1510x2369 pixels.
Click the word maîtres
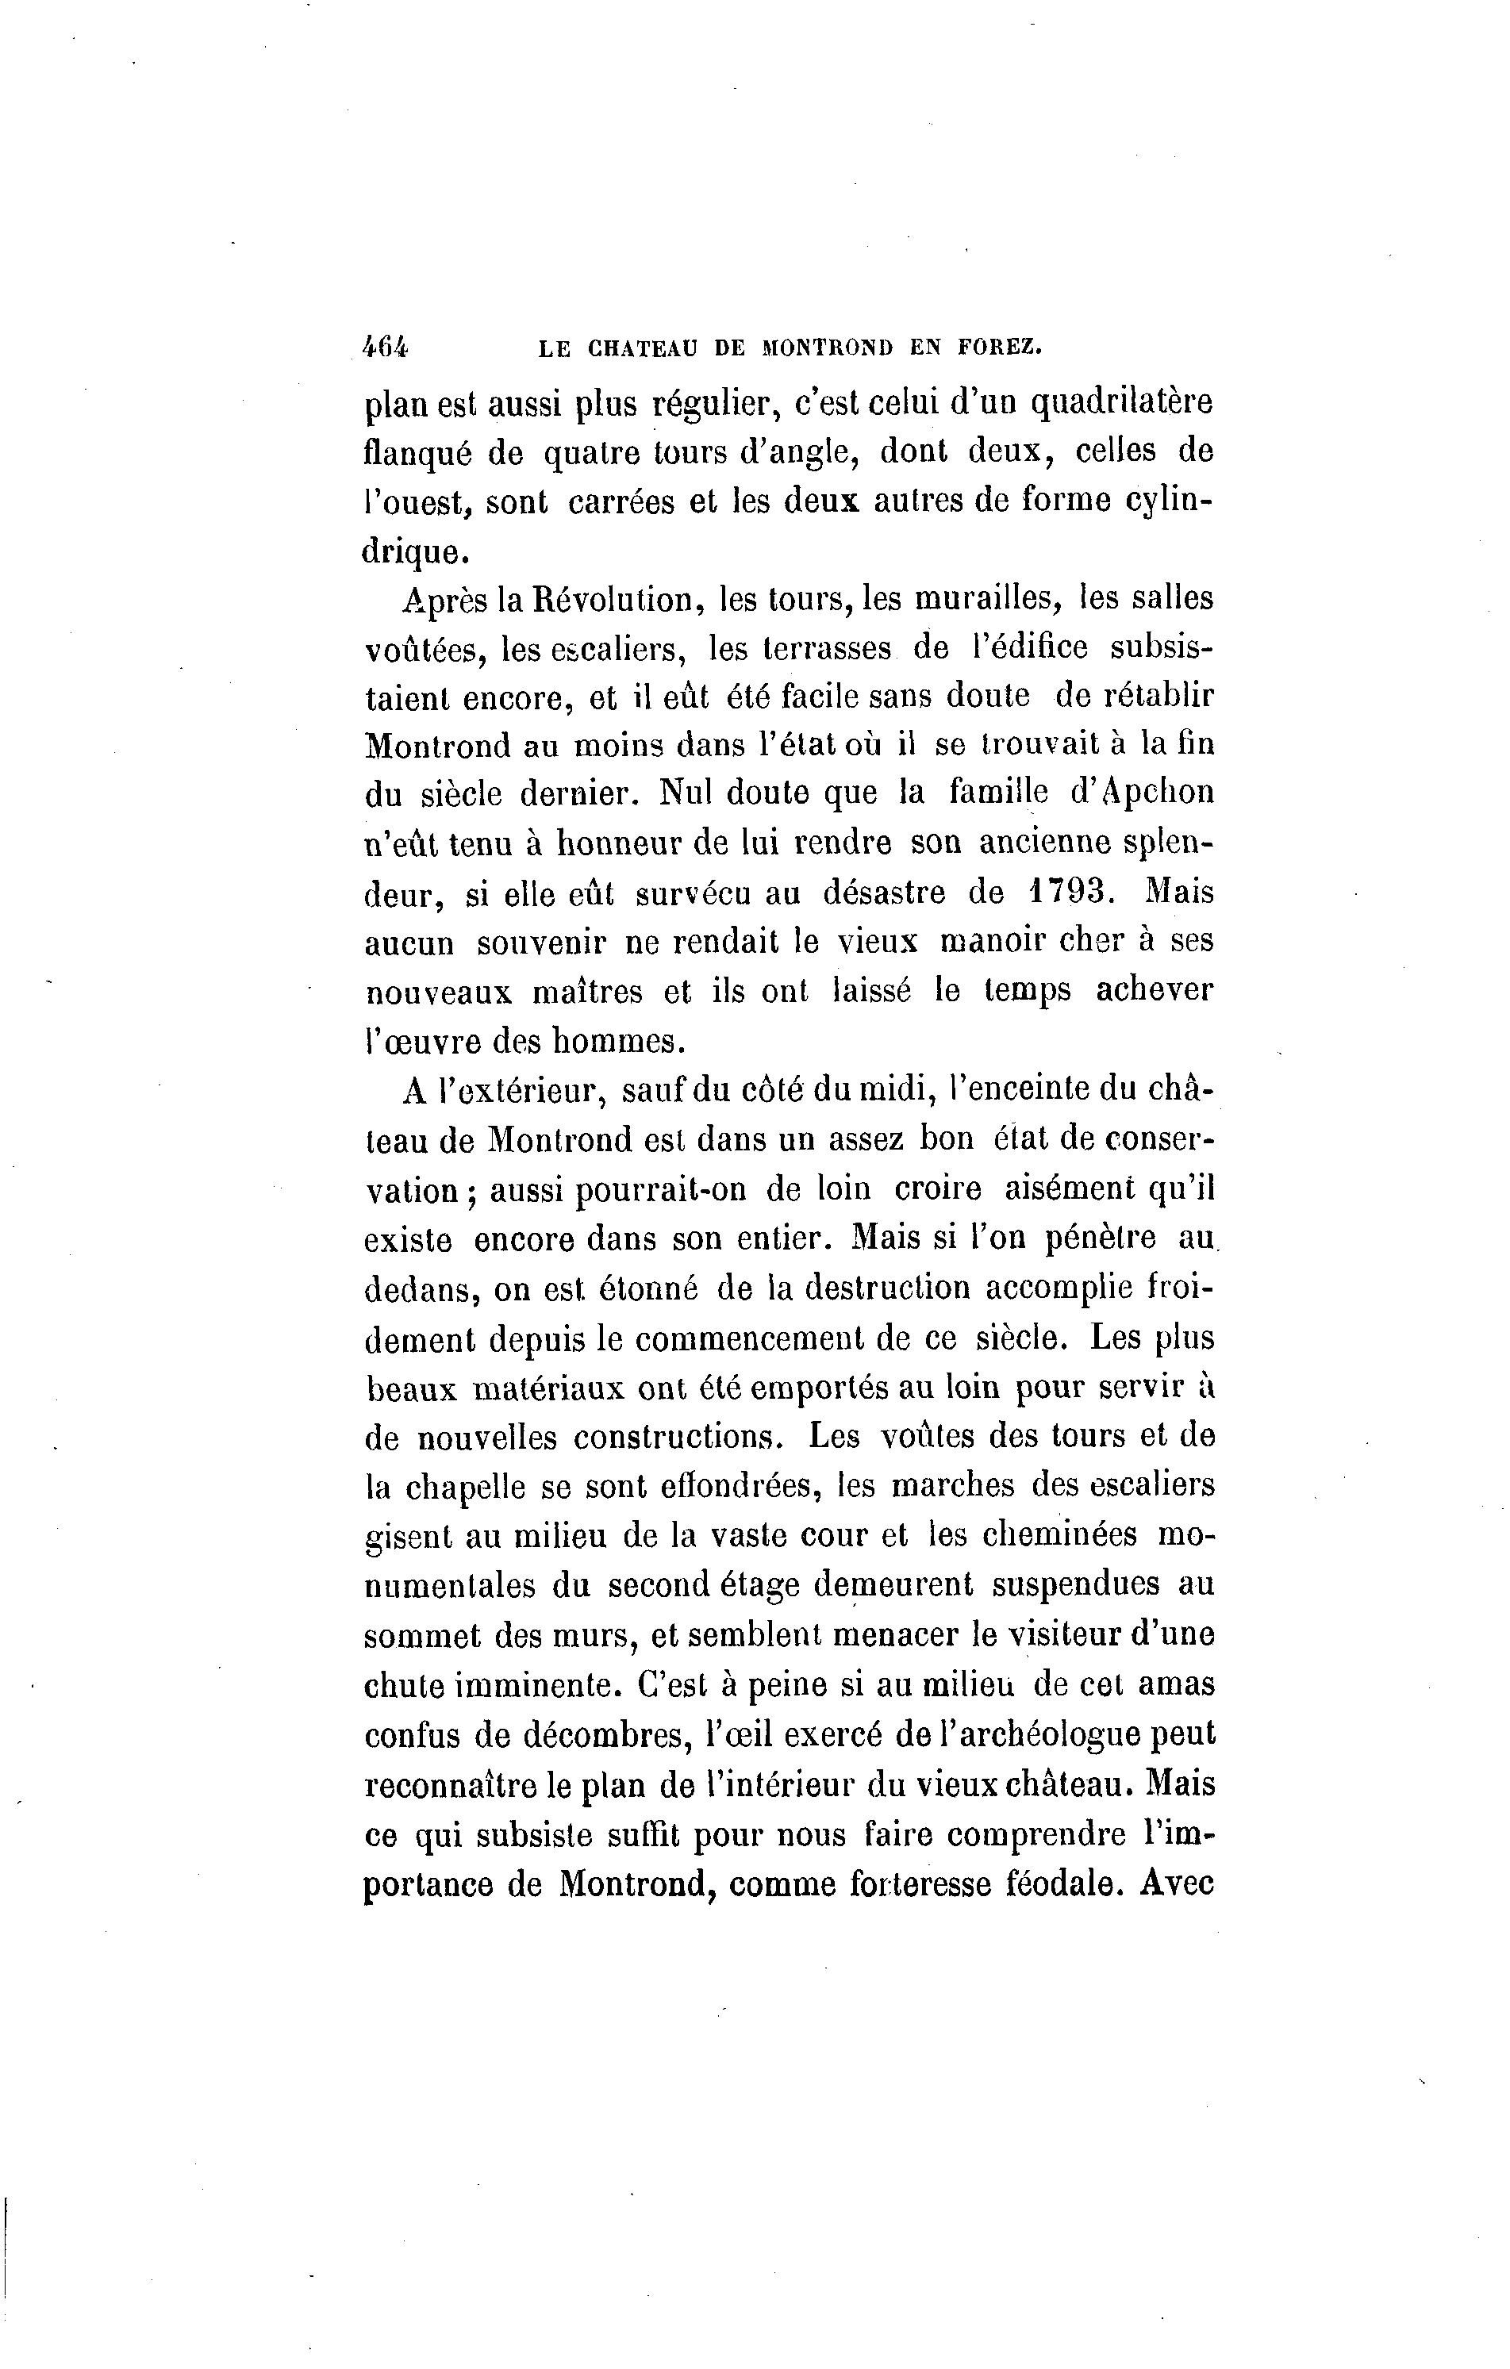[x=587, y=992]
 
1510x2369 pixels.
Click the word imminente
[x=537, y=1685]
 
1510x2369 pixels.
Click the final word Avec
[x=1178, y=1883]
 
